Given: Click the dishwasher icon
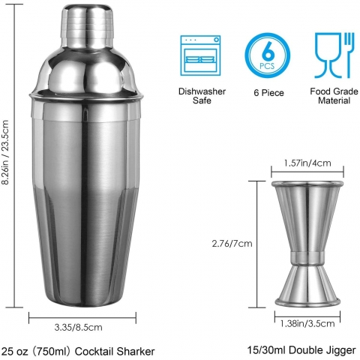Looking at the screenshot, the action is pyautogui.click(x=200, y=55).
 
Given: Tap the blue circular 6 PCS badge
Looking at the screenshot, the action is pyautogui.click(x=267, y=55).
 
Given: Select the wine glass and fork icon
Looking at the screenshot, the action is pyautogui.click(x=334, y=55).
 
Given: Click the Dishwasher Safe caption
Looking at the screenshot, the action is pyautogui.click(x=202, y=96).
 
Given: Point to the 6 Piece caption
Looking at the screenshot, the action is pyautogui.click(x=268, y=93).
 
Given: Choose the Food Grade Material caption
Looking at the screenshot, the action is pyautogui.click(x=334, y=96).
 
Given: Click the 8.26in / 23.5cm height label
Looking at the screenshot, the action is pyautogui.click(x=5, y=152).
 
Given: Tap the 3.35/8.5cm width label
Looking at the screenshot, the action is pyautogui.click(x=78, y=327).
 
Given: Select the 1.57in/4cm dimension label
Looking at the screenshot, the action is pyautogui.click(x=307, y=163).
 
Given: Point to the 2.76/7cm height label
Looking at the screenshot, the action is pyautogui.click(x=232, y=244).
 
